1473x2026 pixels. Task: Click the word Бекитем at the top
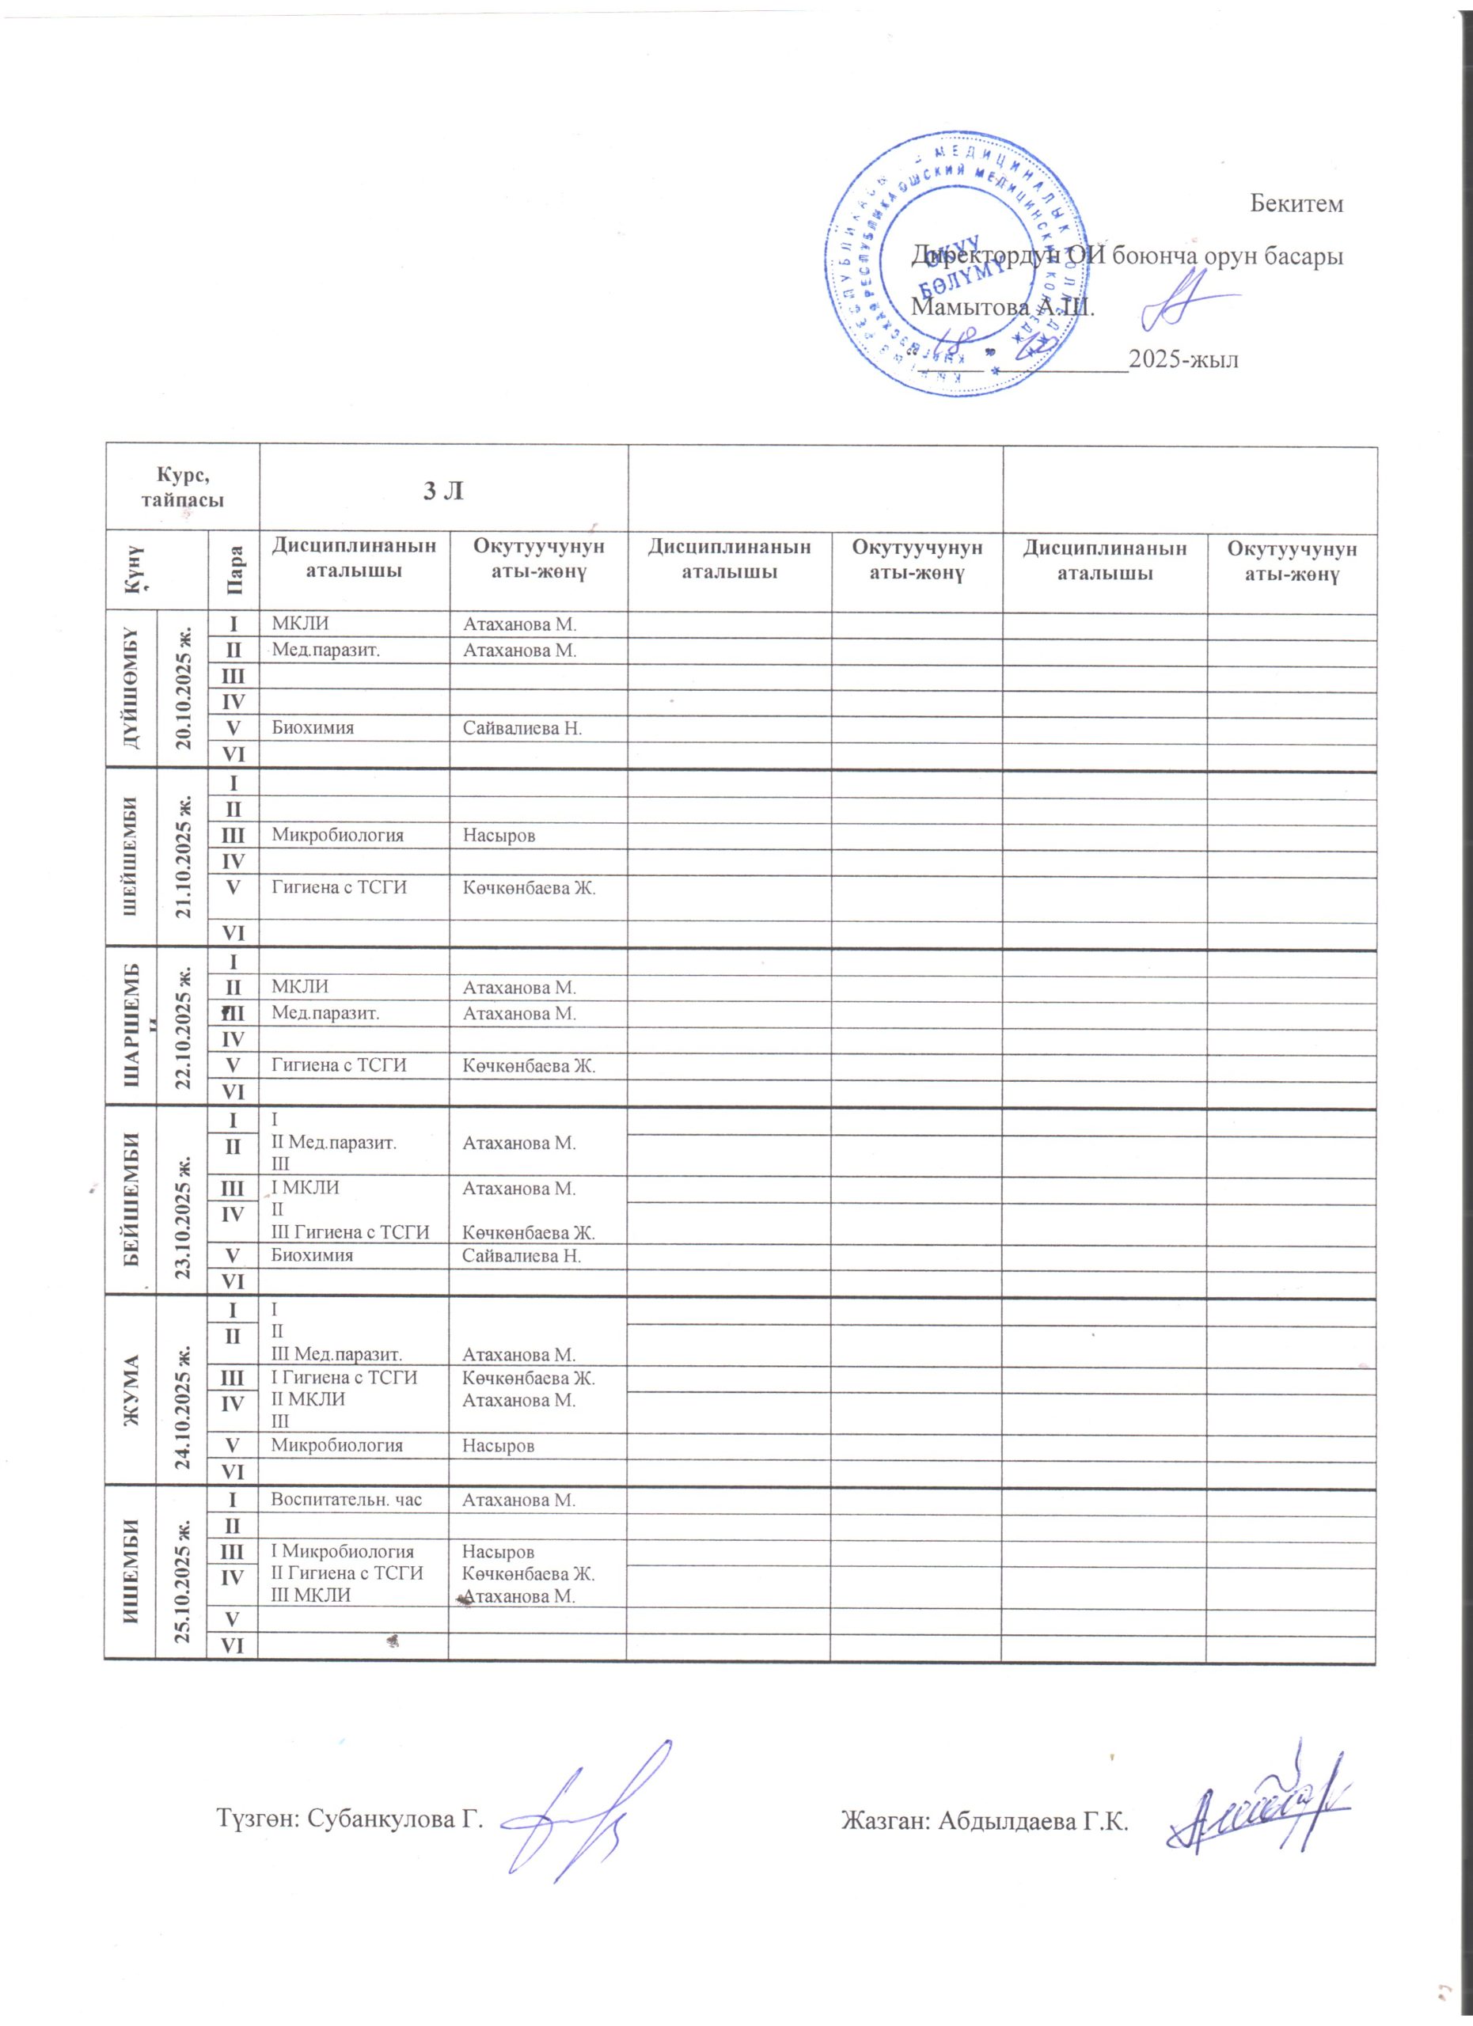coord(1294,204)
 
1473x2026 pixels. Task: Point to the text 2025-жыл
coord(1183,360)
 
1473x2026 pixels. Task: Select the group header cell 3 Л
coord(443,490)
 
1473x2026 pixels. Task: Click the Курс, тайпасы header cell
coord(182,488)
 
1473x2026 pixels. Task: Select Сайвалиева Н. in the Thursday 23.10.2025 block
coord(522,1256)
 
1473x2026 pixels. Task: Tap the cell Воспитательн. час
coord(346,1500)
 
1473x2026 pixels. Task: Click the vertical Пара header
coord(234,573)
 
